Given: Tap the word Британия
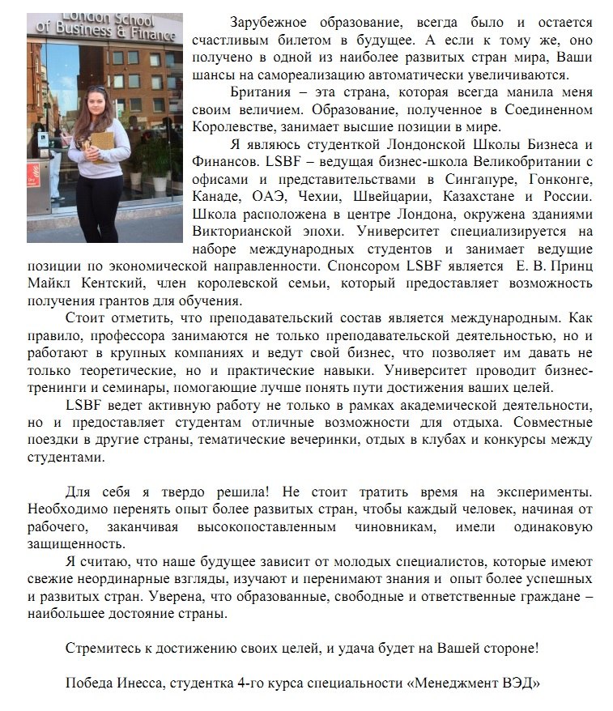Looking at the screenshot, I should [x=259, y=92].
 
